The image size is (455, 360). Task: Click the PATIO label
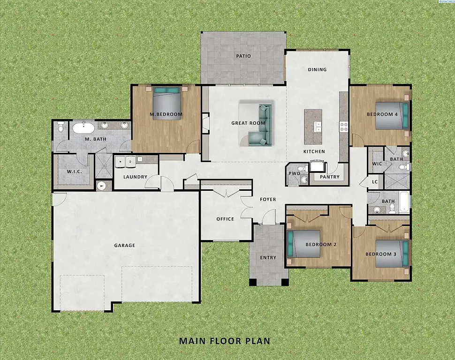pos(243,56)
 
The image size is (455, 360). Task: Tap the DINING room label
pos(317,70)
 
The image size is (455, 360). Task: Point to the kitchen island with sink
pos(313,127)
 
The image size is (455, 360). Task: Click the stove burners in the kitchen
pos(343,127)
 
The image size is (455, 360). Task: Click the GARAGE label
pos(124,245)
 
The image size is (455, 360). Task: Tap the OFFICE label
pos(225,219)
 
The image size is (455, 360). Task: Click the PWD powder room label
pos(294,173)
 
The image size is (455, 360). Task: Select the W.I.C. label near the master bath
pos(75,171)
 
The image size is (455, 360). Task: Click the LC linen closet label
pos(375,182)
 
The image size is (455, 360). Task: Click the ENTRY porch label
pos(268,257)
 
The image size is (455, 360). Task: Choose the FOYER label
pos(268,199)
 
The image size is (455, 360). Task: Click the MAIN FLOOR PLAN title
pos(225,341)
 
